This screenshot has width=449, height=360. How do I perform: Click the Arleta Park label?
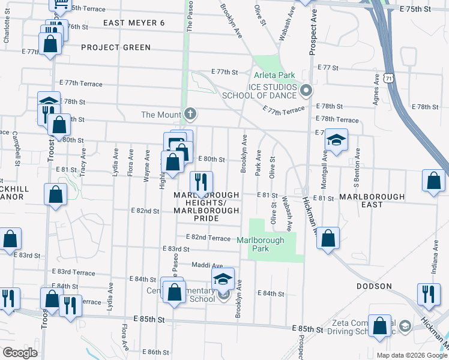274,76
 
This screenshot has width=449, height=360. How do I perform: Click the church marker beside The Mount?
190,114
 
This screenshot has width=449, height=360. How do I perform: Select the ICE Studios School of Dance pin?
306,91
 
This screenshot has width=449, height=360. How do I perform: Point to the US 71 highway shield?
390,79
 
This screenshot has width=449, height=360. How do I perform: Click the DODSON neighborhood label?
374,287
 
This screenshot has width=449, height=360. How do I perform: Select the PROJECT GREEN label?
115,47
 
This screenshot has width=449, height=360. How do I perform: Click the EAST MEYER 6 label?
134,23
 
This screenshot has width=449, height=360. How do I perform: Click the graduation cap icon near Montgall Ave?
337,141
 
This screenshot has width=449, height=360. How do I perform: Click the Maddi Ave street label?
207,265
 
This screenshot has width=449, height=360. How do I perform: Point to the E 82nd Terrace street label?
208,238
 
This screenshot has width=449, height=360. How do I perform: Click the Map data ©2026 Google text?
411,355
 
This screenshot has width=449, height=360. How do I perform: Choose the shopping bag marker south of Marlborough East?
328,238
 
